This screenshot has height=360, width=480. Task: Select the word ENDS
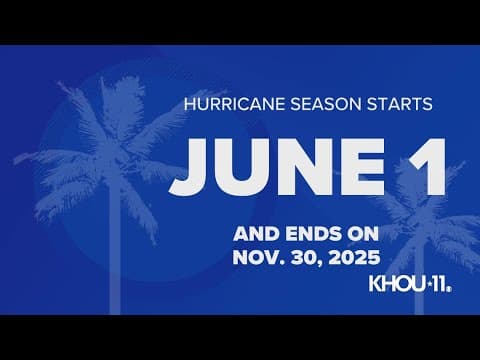tap(310, 234)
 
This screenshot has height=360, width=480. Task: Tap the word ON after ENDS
tap(364, 234)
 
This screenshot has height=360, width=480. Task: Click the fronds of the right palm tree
tap(420, 215)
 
